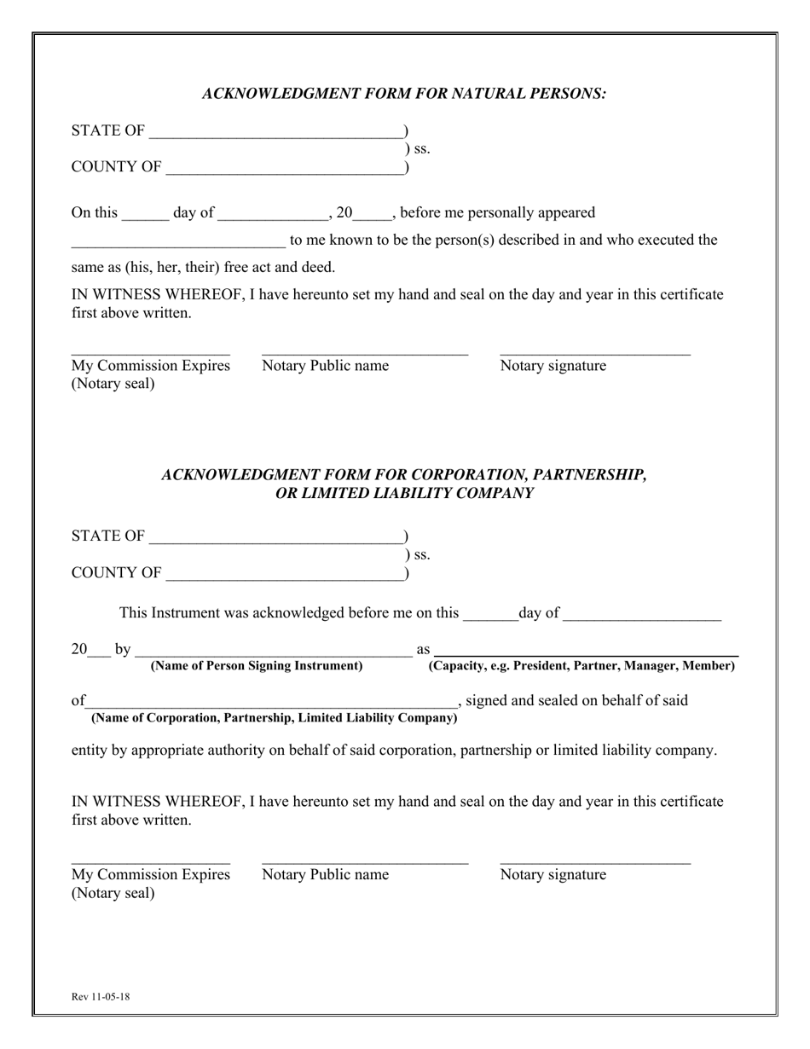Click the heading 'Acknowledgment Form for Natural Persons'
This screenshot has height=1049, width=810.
click(x=404, y=94)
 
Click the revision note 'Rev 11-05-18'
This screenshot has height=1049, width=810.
click(x=101, y=996)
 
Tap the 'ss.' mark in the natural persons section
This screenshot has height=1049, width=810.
click(x=421, y=149)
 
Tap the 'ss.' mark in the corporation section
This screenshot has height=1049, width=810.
click(x=421, y=555)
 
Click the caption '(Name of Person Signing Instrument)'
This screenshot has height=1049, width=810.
click(x=257, y=666)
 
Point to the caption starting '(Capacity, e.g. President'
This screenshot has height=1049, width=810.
click(x=581, y=666)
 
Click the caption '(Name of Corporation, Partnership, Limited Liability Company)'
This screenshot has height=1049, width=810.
click(x=274, y=718)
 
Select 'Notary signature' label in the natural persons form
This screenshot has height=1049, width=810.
click(x=553, y=366)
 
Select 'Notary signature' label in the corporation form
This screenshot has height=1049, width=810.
click(x=553, y=874)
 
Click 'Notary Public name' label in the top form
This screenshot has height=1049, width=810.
click(x=325, y=366)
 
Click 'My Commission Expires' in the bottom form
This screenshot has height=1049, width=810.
click(x=151, y=874)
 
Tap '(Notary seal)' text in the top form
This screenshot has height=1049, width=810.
click(x=113, y=384)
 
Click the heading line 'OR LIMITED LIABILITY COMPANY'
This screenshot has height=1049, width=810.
click(x=404, y=493)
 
